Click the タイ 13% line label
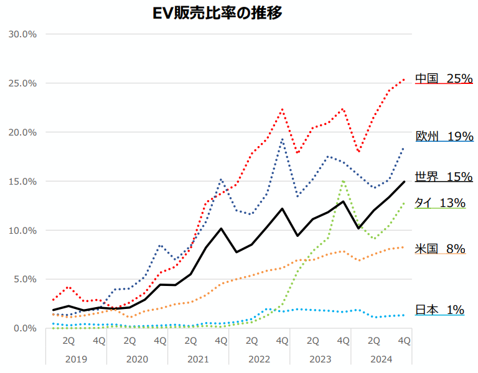click(x=440, y=203)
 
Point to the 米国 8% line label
click(x=440, y=249)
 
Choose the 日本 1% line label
click(x=439, y=310)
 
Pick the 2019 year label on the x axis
click(x=75, y=359)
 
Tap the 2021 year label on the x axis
click(x=198, y=359)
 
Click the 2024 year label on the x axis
click(x=381, y=359)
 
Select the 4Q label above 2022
click(x=282, y=340)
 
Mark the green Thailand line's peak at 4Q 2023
click(x=343, y=181)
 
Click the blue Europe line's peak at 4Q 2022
click(x=282, y=139)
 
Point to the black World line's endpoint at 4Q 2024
click(x=405, y=182)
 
